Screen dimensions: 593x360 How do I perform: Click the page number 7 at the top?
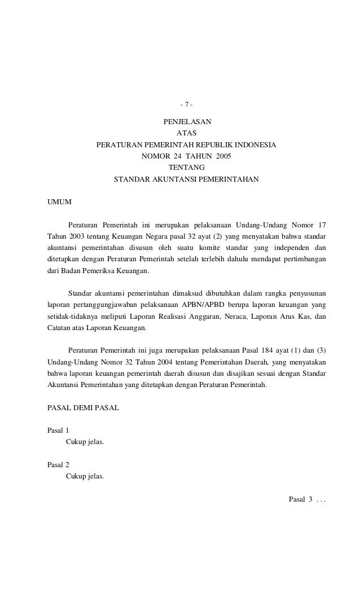tap(186, 105)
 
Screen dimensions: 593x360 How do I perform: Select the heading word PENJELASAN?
tap(186, 122)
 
